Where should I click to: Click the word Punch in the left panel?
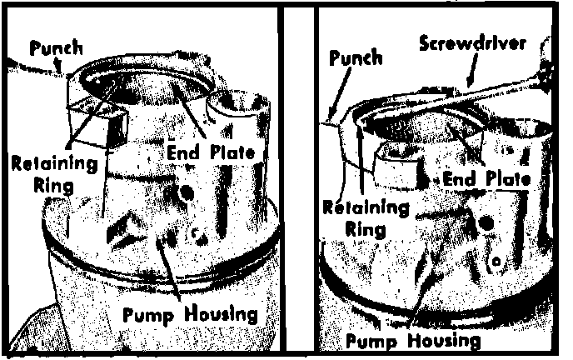pyautogui.click(x=57, y=49)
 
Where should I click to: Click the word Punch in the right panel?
pyautogui.click(x=356, y=58)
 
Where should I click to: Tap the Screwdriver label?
pyautogui.click(x=472, y=43)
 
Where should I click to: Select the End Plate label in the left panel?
pyautogui.click(x=211, y=152)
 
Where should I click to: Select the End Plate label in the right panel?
pyautogui.click(x=486, y=179)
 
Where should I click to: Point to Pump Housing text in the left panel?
pyautogui.click(x=190, y=315)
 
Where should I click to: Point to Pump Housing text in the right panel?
pyautogui.click(x=413, y=342)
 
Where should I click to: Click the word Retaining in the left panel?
pyautogui.click(x=55, y=163)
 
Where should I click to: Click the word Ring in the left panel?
pyautogui.click(x=53, y=186)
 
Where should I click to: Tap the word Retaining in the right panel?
pyautogui.click(x=366, y=208)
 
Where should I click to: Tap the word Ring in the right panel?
pyautogui.click(x=366, y=230)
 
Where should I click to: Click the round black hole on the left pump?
pyautogui.click(x=187, y=192)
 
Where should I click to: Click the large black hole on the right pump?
pyautogui.click(x=486, y=222)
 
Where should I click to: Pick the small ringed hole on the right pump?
pyautogui.click(x=496, y=262)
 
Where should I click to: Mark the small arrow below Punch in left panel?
pyautogui.click(x=57, y=65)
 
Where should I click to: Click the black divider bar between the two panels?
pyautogui.click(x=299, y=179)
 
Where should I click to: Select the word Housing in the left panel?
pyautogui.click(x=221, y=315)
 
